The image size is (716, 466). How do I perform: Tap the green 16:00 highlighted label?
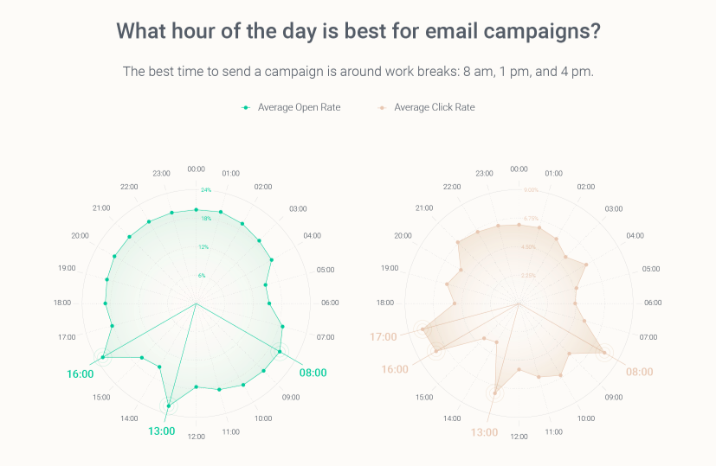(81, 374)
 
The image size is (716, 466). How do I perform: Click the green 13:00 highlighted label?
(162, 431)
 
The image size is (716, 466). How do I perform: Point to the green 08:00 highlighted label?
(313, 373)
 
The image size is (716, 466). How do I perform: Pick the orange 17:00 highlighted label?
(384, 336)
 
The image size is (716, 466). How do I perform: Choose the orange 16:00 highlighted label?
(395, 369)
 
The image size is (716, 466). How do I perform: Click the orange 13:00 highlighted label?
(484, 431)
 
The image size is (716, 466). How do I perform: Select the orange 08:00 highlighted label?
(639, 371)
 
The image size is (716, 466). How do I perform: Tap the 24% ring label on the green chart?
(206, 189)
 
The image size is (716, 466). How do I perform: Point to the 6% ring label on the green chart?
(202, 275)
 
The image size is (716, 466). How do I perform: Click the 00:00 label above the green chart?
(197, 169)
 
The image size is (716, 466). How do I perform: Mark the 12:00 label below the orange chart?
(519, 437)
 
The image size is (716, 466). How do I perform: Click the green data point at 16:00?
(103, 357)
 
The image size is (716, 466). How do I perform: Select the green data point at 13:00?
(169, 405)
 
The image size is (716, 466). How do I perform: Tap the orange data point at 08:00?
(603, 351)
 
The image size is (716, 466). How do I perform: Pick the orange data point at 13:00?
(496, 393)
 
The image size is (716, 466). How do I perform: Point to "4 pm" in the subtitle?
(576, 71)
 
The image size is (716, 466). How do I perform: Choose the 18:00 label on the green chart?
(62, 303)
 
